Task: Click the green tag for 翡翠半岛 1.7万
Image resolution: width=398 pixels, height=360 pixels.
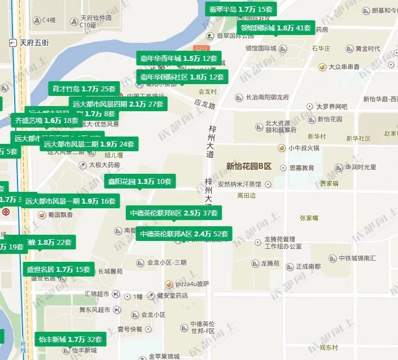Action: (x=240, y=10)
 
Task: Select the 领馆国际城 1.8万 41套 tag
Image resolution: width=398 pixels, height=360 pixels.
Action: (x=275, y=28)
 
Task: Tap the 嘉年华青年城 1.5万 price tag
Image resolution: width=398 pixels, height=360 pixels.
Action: (x=178, y=58)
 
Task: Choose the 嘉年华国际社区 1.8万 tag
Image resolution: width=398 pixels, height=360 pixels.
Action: (x=182, y=77)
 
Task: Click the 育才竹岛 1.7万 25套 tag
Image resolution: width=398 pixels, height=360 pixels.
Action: (x=84, y=89)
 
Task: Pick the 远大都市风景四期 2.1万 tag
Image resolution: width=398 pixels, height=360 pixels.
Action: (x=118, y=104)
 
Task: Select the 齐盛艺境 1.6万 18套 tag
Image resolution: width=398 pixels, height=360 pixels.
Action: (x=46, y=120)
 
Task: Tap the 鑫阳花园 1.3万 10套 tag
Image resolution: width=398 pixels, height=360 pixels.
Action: (x=139, y=181)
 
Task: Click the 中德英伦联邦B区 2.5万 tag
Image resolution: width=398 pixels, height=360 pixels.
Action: (x=173, y=213)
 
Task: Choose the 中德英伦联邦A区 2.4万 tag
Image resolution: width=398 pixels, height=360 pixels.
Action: (x=184, y=234)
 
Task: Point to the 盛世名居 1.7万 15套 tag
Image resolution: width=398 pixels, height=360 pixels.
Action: (x=59, y=269)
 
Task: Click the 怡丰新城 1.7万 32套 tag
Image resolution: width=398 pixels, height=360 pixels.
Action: (x=70, y=339)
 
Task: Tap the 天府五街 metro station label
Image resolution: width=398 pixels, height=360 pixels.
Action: (x=34, y=42)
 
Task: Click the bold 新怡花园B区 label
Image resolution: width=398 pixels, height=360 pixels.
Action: (x=248, y=166)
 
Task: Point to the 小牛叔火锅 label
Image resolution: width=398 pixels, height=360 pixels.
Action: (x=304, y=148)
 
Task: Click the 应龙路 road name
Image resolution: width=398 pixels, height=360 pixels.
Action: (x=205, y=104)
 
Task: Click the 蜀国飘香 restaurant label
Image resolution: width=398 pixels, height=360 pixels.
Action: (x=60, y=214)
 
